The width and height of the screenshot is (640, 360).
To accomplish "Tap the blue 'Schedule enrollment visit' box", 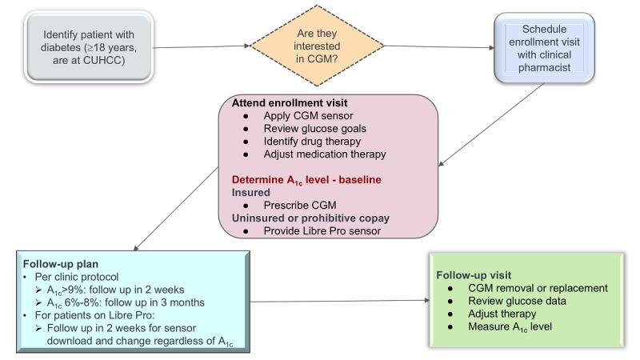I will (x=544, y=46).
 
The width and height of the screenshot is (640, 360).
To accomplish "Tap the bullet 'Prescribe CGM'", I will (x=298, y=205).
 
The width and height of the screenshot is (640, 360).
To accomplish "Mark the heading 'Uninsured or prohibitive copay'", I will (x=306, y=218).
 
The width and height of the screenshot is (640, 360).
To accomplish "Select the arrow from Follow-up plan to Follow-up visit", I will (x=336, y=301).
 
